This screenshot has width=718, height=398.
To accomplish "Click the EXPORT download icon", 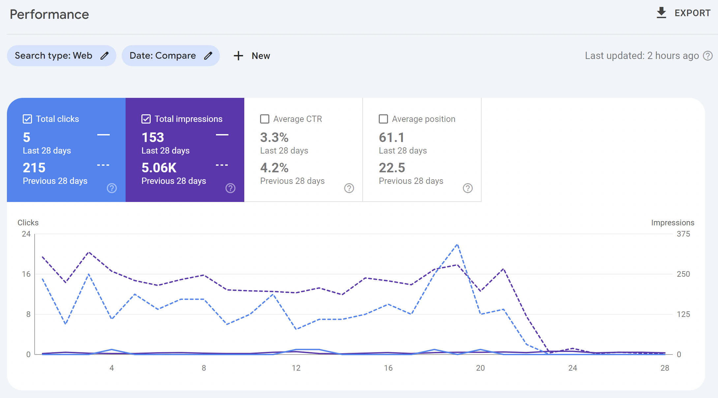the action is click(661, 13).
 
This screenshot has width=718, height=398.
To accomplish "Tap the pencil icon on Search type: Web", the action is click(105, 56).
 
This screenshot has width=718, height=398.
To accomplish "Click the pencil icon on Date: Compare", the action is click(208, 56).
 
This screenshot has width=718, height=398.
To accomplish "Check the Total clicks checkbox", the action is click(27, 119).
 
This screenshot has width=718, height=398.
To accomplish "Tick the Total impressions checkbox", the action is click(146, 119).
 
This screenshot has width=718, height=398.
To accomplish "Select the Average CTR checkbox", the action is click(265, 119).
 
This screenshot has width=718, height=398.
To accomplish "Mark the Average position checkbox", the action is click(383, 119).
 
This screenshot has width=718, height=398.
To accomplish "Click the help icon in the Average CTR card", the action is click(349, 188).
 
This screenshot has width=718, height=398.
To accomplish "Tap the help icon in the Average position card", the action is click(468, 188).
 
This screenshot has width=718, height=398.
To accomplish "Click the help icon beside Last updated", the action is click(708, 56).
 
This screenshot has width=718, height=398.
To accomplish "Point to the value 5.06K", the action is click(159, 168).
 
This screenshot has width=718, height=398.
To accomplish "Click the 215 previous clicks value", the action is click(34, 168).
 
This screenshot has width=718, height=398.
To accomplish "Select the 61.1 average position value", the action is click(391, 137).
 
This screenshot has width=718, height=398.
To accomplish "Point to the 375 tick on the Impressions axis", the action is click(683, 234).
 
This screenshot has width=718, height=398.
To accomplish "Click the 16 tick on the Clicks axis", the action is click(26, 274).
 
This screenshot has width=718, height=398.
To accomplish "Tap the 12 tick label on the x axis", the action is click(296, 368).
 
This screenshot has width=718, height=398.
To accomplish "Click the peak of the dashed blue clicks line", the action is click(457, 245).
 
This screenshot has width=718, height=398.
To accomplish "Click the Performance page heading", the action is click(49, 14).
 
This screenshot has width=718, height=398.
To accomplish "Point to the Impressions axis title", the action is click(673, 223).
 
